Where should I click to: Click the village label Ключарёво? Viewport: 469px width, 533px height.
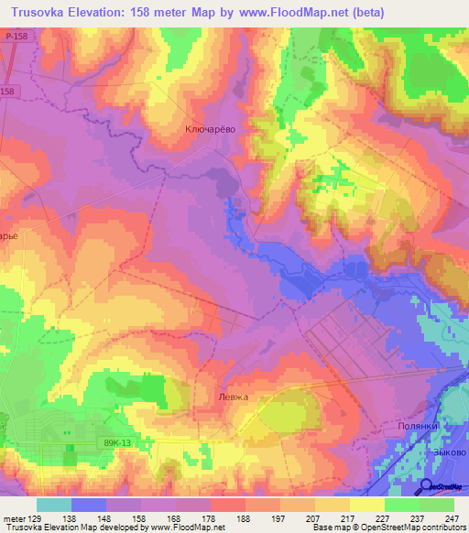tap(211, 130)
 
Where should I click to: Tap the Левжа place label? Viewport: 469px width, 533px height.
tap(234, 397)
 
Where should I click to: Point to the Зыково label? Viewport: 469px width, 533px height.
tap(449, 451)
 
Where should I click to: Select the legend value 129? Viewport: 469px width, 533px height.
tap(37, 517)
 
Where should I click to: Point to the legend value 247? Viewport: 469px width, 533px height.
tap(452, 517)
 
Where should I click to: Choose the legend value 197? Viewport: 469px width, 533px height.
tap(278, 517)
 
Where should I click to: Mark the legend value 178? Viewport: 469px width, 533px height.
tap(209, 517)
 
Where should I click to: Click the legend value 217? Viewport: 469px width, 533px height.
tap(348, 517)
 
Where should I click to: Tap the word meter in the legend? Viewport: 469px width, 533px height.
tap(14, 517)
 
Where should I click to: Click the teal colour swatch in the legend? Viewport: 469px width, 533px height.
tap(54, 505)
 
